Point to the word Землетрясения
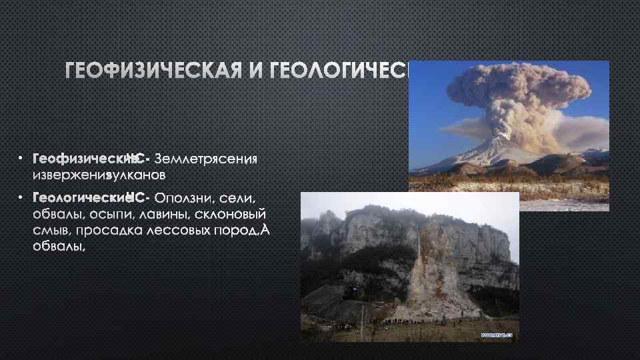coord(205,159)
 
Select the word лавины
coord(163,215)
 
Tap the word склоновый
coord(231,215)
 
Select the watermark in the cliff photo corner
coord(495,335)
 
